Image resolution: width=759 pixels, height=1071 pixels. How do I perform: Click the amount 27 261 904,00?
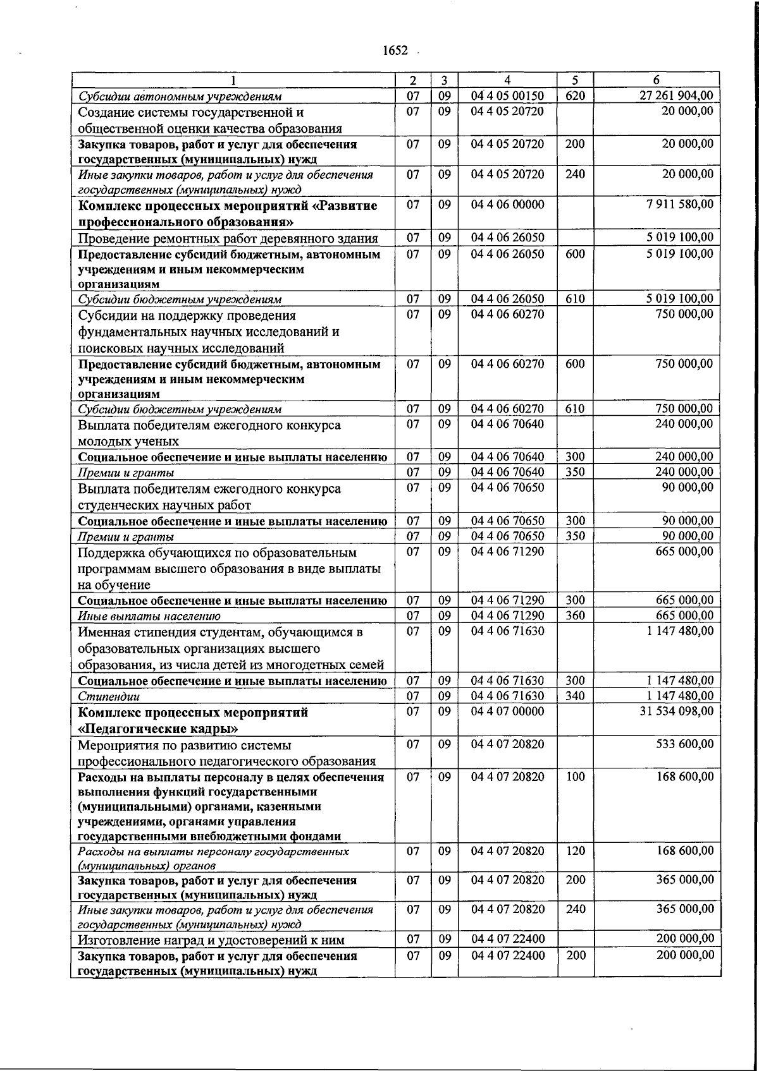coord(674,95)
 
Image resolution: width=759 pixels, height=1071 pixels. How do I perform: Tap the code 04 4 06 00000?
coord(507,204)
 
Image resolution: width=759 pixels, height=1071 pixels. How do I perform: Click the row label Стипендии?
coord(109,696)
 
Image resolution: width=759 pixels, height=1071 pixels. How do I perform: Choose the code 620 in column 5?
coord(575,95)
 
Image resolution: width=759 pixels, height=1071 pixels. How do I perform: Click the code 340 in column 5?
coord(575,696)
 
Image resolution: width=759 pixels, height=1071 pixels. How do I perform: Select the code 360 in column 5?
coord(575,615)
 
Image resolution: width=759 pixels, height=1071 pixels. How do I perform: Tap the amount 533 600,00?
coord(685,744)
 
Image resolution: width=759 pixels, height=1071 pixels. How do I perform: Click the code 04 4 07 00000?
coord(507,711)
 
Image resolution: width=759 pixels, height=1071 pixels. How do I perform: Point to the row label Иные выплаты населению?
coord(149,616)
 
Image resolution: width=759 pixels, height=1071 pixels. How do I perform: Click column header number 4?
coord(507,80)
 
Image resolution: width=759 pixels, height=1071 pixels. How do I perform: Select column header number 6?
coord(657,80)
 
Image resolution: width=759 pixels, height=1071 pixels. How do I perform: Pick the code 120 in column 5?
coord(575,850)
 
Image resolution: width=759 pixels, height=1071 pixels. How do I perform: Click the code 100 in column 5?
coord(575,777)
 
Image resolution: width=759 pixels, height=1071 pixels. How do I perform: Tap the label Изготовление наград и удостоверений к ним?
coord(211,940)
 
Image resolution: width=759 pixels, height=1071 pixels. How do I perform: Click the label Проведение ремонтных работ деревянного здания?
coord(228,238)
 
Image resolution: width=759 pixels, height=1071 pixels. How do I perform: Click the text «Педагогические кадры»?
coord(158,729)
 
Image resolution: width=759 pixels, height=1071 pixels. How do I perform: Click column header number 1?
coord(233,80)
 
